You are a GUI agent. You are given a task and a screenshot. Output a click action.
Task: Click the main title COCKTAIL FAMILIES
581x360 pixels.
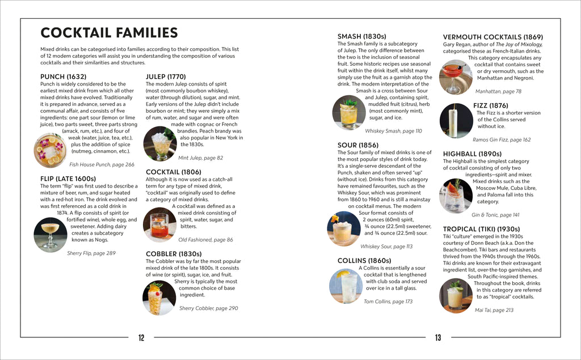pyautogui.click(x=109, y=33)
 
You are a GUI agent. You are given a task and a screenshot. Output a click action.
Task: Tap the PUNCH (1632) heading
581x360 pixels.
pyautogui.click(x=63, y=77)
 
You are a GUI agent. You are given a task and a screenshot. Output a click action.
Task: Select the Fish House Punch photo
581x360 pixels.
pyautogui.click(x=50, y=150)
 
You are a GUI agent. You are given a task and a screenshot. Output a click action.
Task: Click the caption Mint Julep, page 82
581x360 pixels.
pyautogui.click(x=200, y=158)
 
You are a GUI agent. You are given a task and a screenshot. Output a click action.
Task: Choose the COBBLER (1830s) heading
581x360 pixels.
pyautogui.click(x=174, y=253)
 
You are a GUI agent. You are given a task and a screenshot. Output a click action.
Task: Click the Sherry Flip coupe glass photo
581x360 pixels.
pyautogui.click(x=50, y=233)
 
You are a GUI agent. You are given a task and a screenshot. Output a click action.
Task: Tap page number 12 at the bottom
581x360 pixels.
pyautogui.click(x=141, y=338)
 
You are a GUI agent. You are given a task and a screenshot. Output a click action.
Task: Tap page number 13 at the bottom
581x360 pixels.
pyautogui.click(x=437, y=338)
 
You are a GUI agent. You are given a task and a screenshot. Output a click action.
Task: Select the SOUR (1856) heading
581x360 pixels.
pyautogui.click(x=357, y=145)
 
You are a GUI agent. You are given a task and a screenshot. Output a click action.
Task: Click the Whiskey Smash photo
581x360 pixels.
pyautogui.click(x=348, y=113)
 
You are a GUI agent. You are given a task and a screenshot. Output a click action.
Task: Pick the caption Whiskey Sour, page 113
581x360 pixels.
pyautogui.click(x=386, y=247)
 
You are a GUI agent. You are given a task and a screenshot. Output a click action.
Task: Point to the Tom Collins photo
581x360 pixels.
pyautogui.click(x=346, y=286)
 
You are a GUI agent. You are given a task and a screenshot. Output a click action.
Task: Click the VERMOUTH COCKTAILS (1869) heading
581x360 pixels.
pyautogui.click(x=492, y=37)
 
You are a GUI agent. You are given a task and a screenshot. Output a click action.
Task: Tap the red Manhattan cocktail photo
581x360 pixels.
pyautogui.click(x=455, y=76)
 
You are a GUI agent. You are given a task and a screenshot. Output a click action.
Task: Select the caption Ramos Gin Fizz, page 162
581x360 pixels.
pyautogui.click(x=502, y=139)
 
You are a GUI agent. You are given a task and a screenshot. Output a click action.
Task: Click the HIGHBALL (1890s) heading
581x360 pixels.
pyautogui.click(x=472, y=154)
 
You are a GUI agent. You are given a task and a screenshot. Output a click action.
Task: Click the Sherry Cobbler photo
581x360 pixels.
pyautogui.click(x=158, y=298)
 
